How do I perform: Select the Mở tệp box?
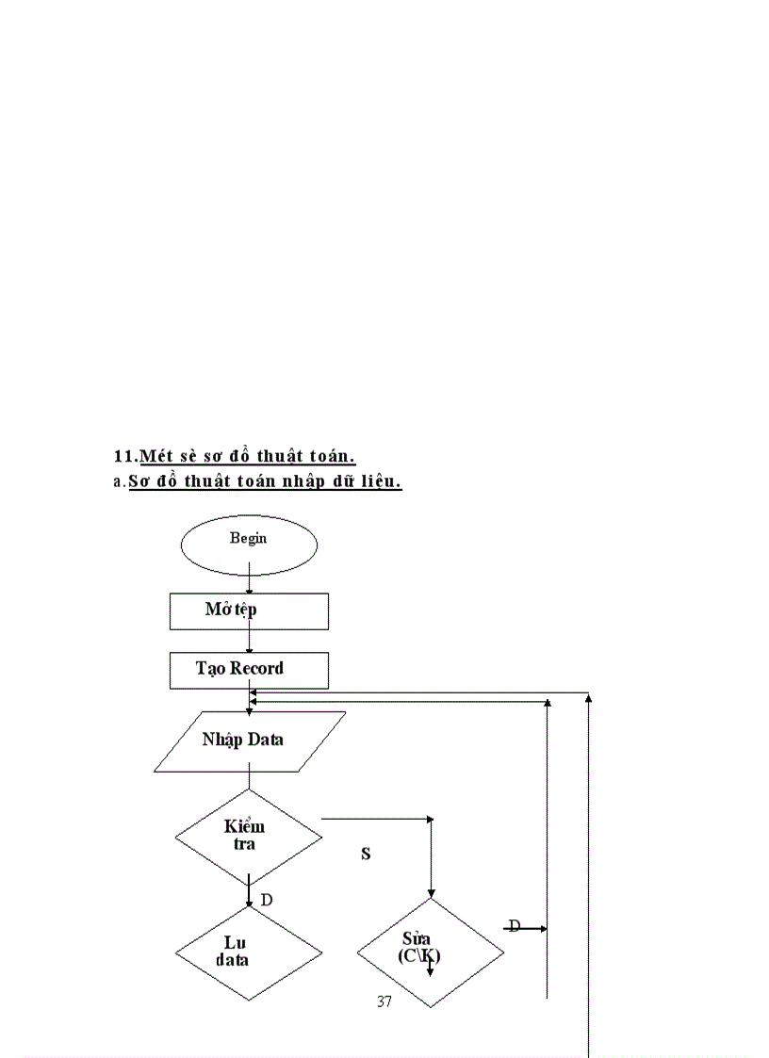click(249, 610)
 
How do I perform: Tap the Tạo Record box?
click(249, 670)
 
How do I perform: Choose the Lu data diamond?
click(249, 952)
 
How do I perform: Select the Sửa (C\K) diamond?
click(430, 952)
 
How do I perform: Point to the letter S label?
click(366, 855)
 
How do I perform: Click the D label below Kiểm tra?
click(267, 901)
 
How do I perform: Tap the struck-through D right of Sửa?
click(515, 926)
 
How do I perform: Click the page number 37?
click(384, 1001)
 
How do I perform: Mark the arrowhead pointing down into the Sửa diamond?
click(432, 893)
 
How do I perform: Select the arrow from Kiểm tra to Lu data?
click(249, 891)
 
